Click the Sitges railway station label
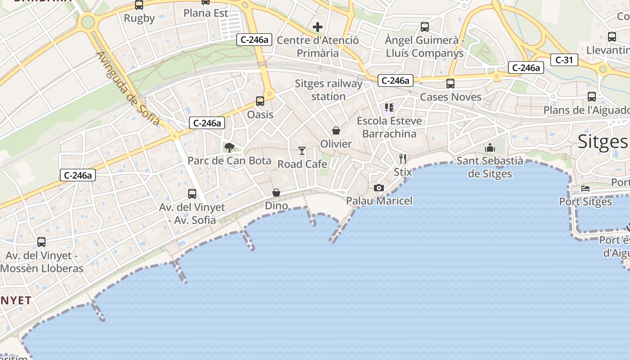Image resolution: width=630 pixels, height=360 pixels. [x=328, y=90]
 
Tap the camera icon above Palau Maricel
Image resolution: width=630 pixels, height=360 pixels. [x=379, y=188]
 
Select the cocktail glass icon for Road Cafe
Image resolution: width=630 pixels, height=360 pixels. [x=302, y=151]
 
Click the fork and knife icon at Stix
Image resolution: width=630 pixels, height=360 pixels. [x=403, y=159]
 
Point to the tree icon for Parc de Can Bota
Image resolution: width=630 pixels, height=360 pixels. [x=229, y=147]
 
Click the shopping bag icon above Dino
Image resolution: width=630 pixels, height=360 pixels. [x=276, y=193]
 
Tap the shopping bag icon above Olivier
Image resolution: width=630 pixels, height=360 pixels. [x=336, y=130]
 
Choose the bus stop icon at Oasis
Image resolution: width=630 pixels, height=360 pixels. [x=260, y=101]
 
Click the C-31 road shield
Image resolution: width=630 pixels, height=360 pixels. [x=564, y=59]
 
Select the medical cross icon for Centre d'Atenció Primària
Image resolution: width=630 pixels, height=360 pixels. [x=318, y=27]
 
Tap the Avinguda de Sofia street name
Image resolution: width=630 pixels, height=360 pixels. [x=128, y=89]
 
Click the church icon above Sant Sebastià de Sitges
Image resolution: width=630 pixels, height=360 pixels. [x=490, y=148]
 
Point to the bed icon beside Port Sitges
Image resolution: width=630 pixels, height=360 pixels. [x=585, y=189]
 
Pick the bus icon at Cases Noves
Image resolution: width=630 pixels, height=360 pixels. [x=450, y=84]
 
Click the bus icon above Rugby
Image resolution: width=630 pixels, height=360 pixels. [x=139, y=5]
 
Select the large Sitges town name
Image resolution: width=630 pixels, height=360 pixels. [x=603, y=141]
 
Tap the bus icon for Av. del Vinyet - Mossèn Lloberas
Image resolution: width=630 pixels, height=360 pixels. [x=41, y=242]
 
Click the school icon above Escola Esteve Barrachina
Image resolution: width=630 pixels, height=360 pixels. [x=389, y=108]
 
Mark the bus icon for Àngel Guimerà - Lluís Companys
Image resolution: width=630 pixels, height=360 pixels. [x=425, y=27]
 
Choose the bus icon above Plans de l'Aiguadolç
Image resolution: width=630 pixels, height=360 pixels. [x=592, y=97]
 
